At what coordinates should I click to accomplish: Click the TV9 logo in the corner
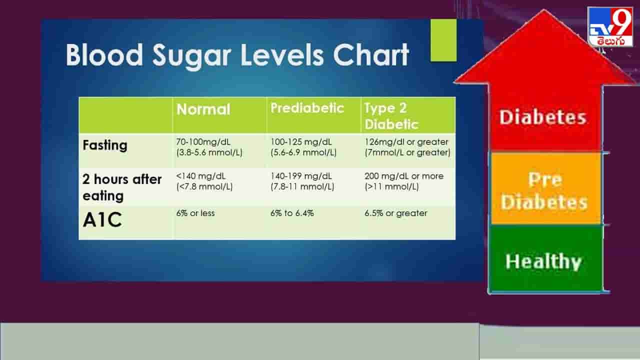pos(609,27)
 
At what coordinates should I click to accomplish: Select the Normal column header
pos(203,109)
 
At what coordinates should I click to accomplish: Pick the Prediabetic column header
pos(307,108)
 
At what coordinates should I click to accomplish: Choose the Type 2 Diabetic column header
pos(391,115)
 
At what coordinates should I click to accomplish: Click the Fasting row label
pos(105,145)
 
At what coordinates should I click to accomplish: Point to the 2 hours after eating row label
pos(122,187)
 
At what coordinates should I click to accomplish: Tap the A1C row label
pos(102,220)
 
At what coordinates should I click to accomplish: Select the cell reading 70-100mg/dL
pos(209,147)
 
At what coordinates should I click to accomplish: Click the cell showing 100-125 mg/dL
pos(303,147)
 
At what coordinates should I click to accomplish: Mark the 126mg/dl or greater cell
pos(407,147)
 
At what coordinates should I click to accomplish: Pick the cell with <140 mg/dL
pos(204,181)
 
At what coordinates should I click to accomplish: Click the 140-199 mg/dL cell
pos(302,181)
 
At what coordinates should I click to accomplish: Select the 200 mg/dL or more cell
pos(404,181)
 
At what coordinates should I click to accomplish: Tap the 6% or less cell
pos(195,213)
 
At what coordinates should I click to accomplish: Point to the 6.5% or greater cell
pos(396,213)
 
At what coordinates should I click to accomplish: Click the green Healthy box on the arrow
pos(545,259)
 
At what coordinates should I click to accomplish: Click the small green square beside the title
pos(443,40)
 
